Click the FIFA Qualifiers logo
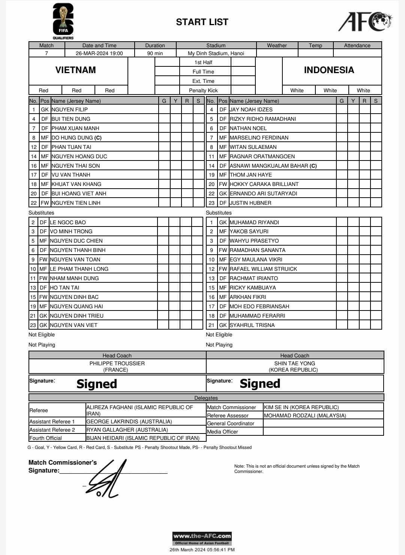(63, 21)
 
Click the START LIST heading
(202, 22)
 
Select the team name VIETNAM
(76, 70)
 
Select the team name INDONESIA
(329, 70)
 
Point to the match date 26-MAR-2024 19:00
(99, 53)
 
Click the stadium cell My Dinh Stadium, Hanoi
(216, 53)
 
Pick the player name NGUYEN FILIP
(70, 109)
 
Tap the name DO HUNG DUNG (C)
(76, 138)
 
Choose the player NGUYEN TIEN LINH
(76, 203)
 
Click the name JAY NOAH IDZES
(251, 109)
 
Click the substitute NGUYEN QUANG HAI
(76, 306)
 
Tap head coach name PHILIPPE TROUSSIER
(117, 363)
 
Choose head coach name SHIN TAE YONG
(295, 363)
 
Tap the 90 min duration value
(155, 53)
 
